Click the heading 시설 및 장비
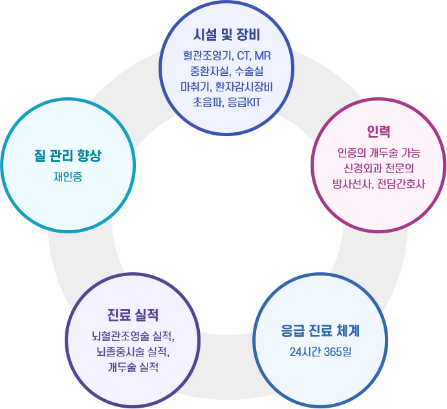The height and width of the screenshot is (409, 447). (226, 33)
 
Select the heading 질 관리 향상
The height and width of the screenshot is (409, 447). (68, 156)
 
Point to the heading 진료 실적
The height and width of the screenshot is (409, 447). (133, 316)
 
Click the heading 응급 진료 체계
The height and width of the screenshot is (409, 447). (320, 331)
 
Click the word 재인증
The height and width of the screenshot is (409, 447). (68, 176)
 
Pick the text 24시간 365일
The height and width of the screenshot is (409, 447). (320, 353)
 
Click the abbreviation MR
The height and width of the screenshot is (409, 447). (262, 55)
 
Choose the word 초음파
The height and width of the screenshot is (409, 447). (206, 102)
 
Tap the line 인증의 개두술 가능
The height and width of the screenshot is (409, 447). (378, 153)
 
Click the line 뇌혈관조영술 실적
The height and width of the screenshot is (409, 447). (133, 337)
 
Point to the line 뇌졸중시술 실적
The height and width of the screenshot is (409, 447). (133, 352)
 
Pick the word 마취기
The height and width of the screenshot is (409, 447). (193, 86)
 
